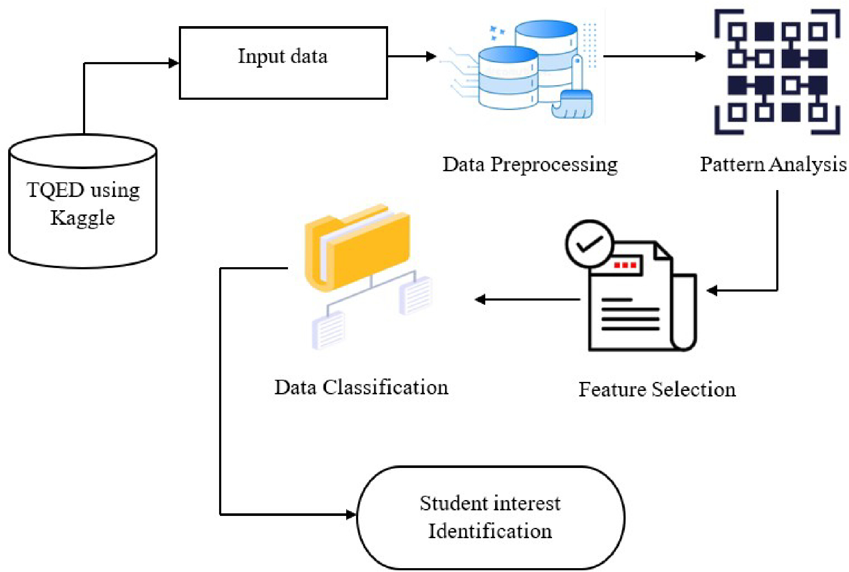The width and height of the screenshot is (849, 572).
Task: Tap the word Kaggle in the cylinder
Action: (x=83, y=218)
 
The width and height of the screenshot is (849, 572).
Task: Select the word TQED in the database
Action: (x=56, y=190)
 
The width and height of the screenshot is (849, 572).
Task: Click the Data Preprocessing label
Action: (x=530, y=165)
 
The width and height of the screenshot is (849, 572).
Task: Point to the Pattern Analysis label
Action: (x=773, y=165)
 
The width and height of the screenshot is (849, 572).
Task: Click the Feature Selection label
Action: (x=657, y=389)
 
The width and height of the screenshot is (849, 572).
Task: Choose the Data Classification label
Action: (x=362, y=387)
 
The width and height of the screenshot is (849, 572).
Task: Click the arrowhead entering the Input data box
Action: (x=174, y=63)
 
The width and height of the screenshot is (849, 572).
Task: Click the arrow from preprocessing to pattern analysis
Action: (x=654, y=56)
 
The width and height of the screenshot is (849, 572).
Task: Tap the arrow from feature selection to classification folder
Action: (x=528, y=299)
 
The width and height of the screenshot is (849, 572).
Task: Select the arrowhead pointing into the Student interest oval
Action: (x=351, y=514)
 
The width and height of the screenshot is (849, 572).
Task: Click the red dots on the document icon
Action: (x=625, y=265)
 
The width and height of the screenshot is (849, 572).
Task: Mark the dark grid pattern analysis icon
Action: (x=777, y=71)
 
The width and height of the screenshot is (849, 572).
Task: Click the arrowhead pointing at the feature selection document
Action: (x=712, y=291)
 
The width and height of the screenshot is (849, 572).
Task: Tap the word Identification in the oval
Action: (x=490, y=531)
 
